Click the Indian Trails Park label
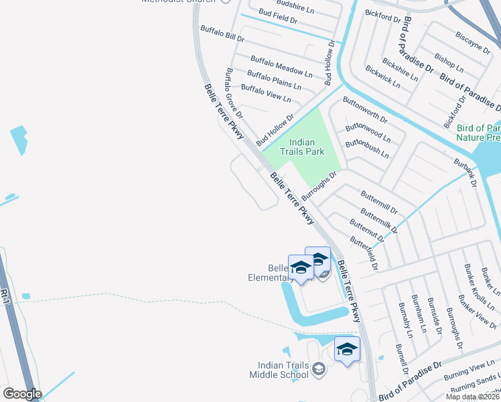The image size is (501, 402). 307,147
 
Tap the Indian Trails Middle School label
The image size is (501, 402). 283,370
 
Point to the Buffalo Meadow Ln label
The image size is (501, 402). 281,66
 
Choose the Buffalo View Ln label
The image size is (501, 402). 266,93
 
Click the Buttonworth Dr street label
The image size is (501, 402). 365,110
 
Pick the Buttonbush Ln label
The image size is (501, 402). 366,147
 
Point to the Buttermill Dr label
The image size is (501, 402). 379,199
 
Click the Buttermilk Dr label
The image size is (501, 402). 378,220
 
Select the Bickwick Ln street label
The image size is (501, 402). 382,77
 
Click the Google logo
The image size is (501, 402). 22,394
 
